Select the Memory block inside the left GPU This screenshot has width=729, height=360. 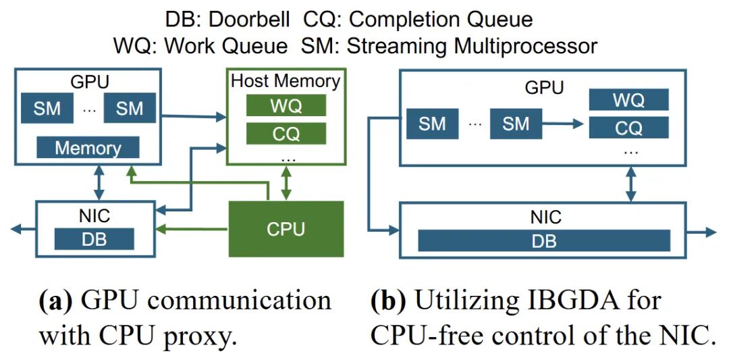coord(88,147)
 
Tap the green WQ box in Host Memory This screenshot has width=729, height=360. coord(286,106)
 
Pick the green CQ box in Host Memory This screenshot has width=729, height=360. coord(286,134)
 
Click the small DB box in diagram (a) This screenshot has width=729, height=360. coord(94,238)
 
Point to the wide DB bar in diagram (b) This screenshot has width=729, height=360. coord(544,240)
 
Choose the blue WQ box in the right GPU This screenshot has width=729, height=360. coord(628,100)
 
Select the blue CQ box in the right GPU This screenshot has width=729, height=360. coord(628,128)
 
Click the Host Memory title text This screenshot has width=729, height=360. coord(286,81)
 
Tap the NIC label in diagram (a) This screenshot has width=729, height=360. coord(94,216)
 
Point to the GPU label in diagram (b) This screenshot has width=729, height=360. coord(544,88)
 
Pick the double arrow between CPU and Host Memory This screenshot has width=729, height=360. coord(286,182)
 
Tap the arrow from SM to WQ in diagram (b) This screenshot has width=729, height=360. coord(564,124)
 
